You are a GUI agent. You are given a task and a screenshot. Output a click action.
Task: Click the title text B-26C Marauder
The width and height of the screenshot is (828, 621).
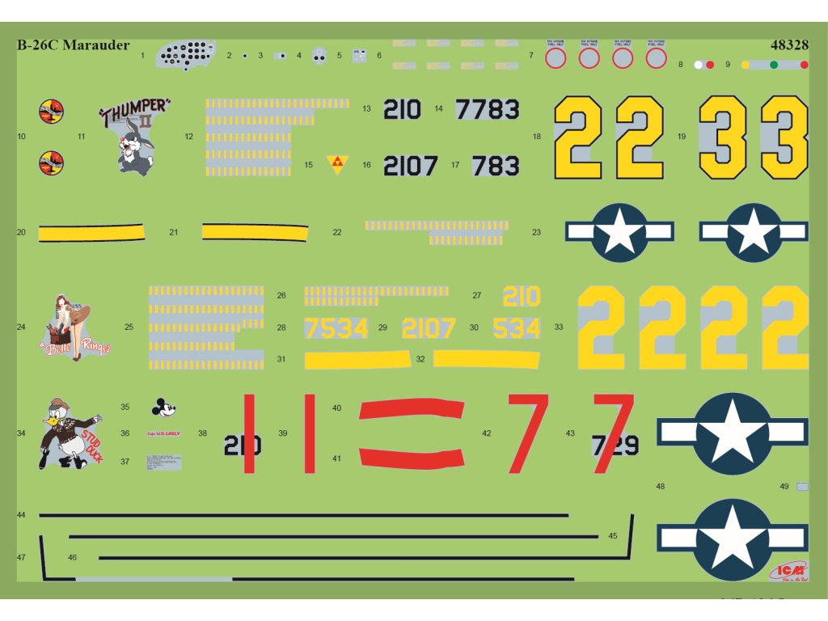[x=73, y=45]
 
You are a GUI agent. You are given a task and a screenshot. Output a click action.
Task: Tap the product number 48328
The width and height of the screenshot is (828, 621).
[x=790, y=45]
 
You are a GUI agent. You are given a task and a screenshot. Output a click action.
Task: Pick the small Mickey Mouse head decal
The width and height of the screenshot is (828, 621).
[x=164, y=407]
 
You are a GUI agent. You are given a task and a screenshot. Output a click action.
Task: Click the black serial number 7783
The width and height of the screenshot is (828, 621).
[x=488, y=109]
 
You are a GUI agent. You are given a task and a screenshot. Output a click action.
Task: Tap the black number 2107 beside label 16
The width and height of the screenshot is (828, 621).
[x=410, y=166]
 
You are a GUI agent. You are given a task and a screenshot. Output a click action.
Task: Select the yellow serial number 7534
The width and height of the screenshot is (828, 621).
[x=336, y=328]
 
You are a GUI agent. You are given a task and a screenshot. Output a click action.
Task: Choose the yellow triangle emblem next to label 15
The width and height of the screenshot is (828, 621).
[x=335, y=164]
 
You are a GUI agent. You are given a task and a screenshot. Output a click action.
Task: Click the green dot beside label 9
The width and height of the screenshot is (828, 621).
[x=774, y=65]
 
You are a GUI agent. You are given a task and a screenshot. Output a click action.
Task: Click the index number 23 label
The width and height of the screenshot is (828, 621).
[x=536, y=232]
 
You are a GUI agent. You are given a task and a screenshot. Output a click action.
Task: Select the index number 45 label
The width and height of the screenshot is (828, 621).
[x=613, y=535]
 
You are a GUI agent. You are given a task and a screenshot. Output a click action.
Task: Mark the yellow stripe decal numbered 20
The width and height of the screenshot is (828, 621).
[x=91, y=234]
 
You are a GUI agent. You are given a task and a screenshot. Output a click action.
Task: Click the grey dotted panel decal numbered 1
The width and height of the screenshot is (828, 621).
[x=186, y=55]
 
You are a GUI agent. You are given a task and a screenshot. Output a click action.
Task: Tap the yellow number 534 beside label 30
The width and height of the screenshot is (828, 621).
[x=516, y=328]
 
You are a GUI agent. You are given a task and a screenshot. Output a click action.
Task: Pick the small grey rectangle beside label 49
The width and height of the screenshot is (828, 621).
[x=802, y=487]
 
